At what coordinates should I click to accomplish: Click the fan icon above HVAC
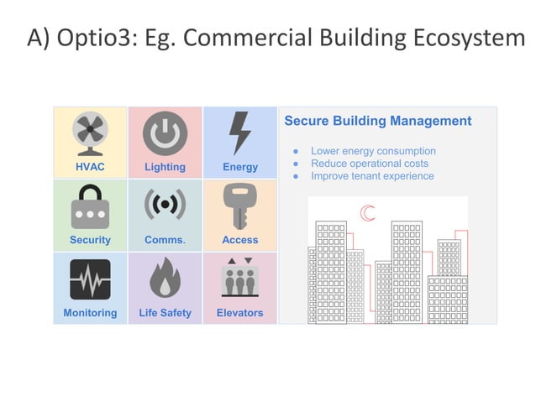tap(90, 133)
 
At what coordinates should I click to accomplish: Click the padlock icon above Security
tap(90, 206)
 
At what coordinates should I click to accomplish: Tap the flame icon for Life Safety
tap(165, 279)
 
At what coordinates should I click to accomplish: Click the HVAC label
tap(90, 167)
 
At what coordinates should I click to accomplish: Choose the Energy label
tap(240, 167)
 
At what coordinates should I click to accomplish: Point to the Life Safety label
tap(165, 313)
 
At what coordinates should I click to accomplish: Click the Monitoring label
tap(90, 313)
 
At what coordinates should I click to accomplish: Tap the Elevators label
tap(240, 313)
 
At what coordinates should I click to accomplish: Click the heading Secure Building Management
tap(377, 121)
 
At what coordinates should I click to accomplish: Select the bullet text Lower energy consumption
tap(373, 151)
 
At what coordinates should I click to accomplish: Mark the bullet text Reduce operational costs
tap(369, 164)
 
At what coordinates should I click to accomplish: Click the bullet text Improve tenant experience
tap(372, 176)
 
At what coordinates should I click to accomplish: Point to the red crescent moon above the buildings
tap(367, 213)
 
